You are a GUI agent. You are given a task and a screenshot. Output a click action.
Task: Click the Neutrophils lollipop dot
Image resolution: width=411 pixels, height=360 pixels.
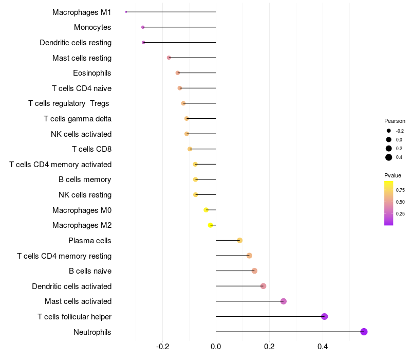[364, 332]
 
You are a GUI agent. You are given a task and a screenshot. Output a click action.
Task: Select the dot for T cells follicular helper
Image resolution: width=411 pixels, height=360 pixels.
[324, 316]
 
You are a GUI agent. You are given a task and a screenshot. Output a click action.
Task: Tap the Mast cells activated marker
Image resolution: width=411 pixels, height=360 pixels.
[283, 301]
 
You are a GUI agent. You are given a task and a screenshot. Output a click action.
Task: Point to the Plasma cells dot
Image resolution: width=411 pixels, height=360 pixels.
[239, 240]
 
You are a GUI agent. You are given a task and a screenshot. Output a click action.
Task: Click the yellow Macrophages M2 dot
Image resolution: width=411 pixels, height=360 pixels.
[210, 225]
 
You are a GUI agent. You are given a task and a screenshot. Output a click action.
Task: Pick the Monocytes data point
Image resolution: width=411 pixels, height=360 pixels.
[143, 27]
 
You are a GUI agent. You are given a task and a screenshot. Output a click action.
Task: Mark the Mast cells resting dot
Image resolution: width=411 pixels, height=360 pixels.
[169, 58]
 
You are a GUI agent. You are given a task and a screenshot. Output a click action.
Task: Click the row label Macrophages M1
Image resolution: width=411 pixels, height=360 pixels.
[82, 12]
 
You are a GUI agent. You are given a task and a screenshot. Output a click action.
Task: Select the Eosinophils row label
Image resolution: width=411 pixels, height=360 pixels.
[92, 73]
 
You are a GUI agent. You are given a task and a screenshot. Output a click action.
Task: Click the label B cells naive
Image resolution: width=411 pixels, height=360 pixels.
[90, 271]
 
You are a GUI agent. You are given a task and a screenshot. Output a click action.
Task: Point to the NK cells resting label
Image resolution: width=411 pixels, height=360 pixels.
[85, 195]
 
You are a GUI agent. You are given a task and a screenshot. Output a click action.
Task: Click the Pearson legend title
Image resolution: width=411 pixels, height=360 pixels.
[395, 121]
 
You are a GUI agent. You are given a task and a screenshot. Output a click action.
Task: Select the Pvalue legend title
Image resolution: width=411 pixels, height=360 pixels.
[393, 175]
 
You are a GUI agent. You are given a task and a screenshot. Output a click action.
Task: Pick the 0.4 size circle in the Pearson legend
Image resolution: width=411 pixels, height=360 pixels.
[389, 157]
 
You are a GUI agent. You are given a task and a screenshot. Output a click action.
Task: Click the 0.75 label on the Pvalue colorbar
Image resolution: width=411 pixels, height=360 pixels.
[400, 190]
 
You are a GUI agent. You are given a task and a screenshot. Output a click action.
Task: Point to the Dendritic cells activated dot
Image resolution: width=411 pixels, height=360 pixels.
[263, 286]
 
